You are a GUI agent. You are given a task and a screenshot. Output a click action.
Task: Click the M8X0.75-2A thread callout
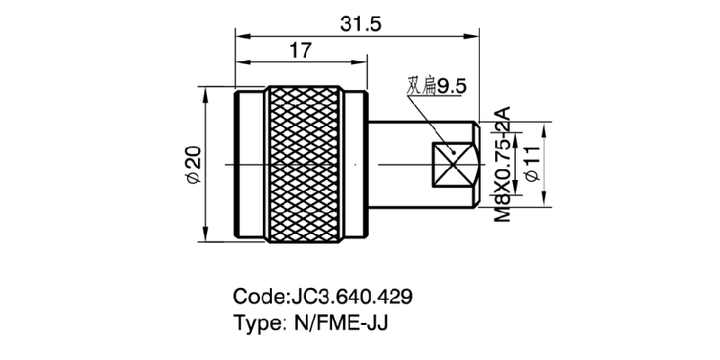click(x=503, y=165)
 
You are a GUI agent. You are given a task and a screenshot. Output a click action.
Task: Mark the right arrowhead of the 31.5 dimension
click(x=474, y=37)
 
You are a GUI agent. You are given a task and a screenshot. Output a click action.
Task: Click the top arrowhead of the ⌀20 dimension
click(x=207, y=90)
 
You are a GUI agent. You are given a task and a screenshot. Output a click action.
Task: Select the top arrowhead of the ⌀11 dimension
click(x=545, y=126)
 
